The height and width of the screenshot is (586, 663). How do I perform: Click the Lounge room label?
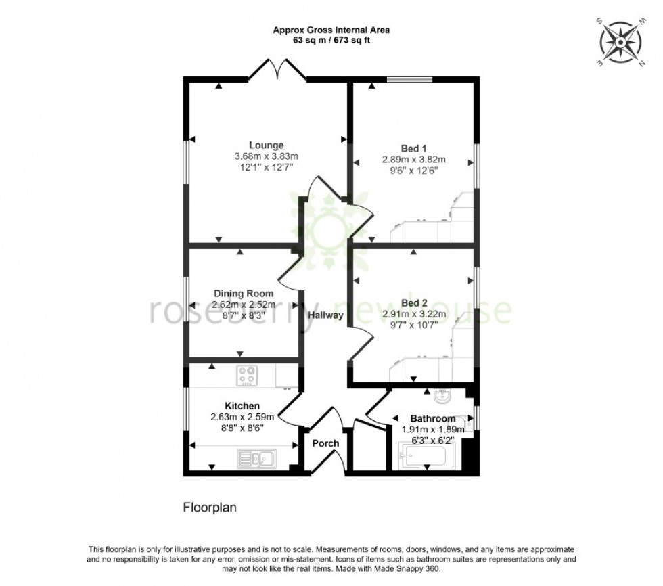coord(266,145)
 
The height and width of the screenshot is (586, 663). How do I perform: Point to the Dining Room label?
coord(244,294)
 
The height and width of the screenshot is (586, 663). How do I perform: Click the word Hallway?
coord(325,315)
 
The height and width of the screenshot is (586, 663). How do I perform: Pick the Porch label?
coord(325,443)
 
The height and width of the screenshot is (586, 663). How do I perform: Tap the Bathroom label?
coord(433,418)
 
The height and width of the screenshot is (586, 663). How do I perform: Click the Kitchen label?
coord(242,406)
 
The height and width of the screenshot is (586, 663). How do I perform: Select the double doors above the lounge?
coord(277,70)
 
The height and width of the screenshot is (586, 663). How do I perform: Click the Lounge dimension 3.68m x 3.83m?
coord(266,156)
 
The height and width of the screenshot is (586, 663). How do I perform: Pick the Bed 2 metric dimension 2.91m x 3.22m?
coord(414,314)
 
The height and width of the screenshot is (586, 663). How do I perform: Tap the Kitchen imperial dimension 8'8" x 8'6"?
coord(242,428)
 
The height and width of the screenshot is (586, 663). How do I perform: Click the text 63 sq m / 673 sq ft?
coord(331,41)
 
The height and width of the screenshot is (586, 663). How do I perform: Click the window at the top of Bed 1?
coord(410,80)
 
